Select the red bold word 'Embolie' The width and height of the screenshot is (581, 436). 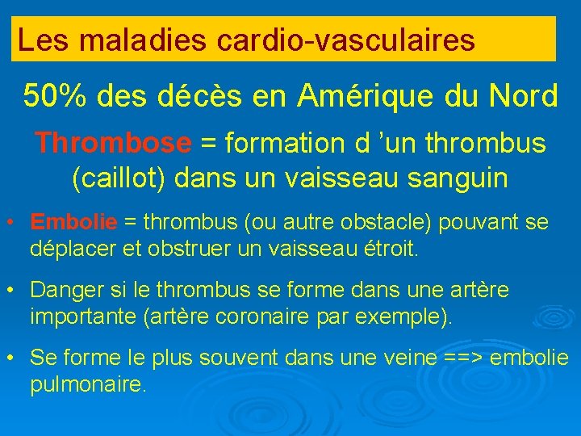73,221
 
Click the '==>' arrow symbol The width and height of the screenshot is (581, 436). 466,357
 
